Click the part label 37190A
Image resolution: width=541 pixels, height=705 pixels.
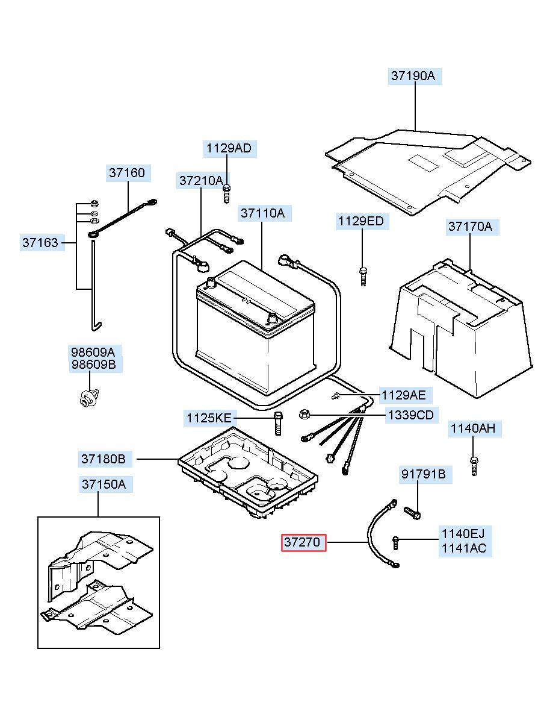click(413, 76)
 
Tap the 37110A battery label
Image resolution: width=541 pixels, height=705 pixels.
click(262, 213)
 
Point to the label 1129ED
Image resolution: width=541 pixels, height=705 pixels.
click(360, 221)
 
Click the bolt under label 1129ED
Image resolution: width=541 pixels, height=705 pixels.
click(362, 276)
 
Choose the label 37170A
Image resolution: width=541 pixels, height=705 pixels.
click(469, 227)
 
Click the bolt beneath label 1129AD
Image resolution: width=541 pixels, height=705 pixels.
click(227, 193)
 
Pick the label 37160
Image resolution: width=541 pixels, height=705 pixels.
click(127, 173)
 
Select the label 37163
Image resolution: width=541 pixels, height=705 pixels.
click(41, 243)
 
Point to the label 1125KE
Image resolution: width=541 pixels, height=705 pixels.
click(208, 418)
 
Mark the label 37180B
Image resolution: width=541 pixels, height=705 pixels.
click(104, 459)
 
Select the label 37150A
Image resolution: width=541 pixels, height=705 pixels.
click(104, 484)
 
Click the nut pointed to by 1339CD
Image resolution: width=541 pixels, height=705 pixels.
click(304, 414)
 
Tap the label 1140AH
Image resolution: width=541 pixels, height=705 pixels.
click(473, 429)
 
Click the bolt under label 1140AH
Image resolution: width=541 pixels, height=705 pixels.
click(474, 465)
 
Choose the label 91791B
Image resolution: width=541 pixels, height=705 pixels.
click(424, 475)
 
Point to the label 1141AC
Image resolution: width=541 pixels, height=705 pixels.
click(463, 548)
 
